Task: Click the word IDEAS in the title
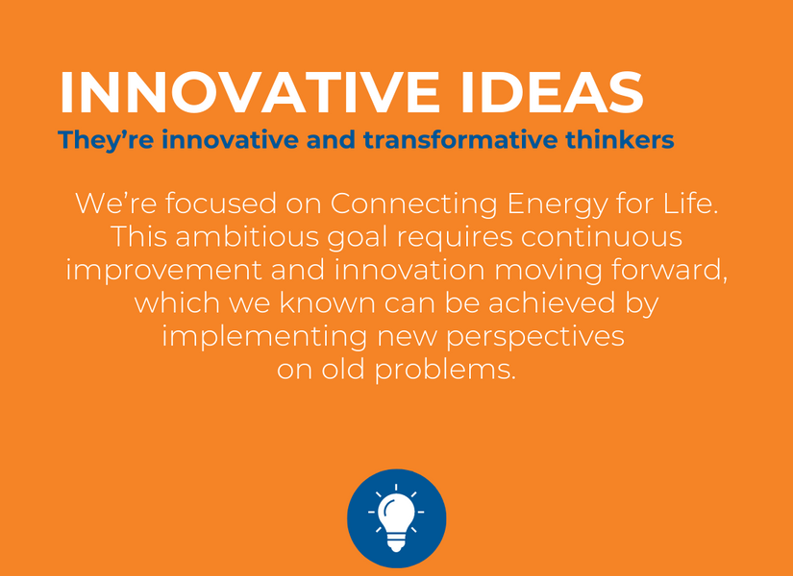(x=552, y=93)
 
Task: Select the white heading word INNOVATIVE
(x=249, y=93)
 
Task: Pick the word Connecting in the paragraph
(x=414, y=204)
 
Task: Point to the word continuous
(x=602, y=236)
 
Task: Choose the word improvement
(x=164, y=271)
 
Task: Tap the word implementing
(x=264, y=337)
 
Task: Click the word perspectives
(x=535, y=338)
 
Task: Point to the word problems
(x=445, y=371)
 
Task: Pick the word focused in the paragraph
(x=220, y=204)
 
